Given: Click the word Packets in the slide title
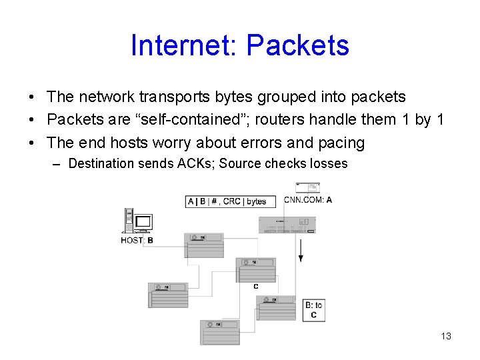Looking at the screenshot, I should (x=297, y=45).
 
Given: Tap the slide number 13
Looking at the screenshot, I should (x=446, y=336).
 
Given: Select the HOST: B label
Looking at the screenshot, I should (x=137, y=240).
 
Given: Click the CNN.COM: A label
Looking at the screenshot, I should (x=308, y=199).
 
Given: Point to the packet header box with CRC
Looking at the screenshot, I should (x=227, y=201).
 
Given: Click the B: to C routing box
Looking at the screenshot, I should (x=314, y=310).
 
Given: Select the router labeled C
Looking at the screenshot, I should (x=256, y=270).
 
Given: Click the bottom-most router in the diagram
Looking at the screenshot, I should (x=220, y=332).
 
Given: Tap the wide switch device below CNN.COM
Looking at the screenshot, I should (x=287, y=224).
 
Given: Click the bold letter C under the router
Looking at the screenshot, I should (x=256, y=287).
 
